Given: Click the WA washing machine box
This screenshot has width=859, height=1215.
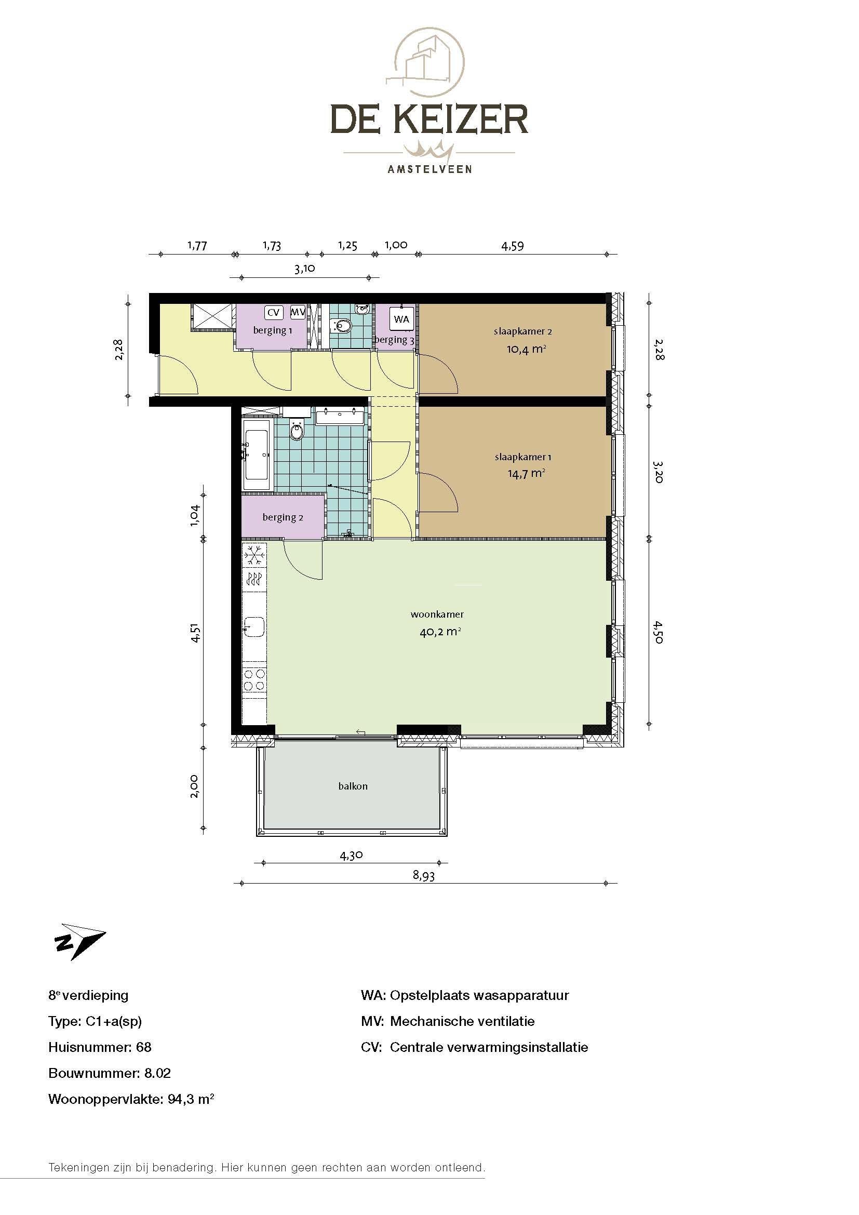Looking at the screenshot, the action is (x=401, y=319).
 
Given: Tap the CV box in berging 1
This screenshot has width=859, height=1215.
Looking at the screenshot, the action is (x=273, y=312).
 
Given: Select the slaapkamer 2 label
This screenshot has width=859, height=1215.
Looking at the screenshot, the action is (x=522, y=332).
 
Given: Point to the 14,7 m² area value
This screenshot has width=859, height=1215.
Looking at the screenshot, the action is (x=526, y=473).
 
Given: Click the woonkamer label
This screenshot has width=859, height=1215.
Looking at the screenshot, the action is (x=437, y=615).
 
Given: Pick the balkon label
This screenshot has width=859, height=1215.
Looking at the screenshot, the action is (x=353, y=786).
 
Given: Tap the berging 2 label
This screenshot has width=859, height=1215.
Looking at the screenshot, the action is (x=283, y=517).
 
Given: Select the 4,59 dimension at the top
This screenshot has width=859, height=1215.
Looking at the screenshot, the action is (x=513, y=246).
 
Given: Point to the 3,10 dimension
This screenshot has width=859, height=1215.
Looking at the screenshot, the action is (x=305, y=268).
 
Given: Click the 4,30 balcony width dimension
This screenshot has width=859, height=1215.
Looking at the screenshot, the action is (x=351, y=855).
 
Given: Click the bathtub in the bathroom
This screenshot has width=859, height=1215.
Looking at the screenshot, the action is (x=257, y=454).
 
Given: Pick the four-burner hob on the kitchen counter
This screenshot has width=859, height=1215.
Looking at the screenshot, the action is (x=254, y=680).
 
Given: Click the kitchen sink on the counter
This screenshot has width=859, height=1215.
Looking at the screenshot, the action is (x=255, y=627).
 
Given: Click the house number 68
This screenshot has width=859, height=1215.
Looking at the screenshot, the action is (x=144, y=1047).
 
